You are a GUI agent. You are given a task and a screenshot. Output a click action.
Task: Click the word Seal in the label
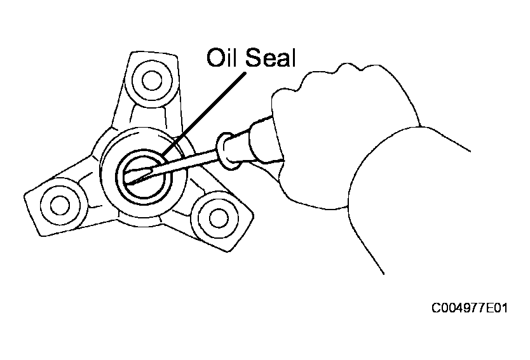271,57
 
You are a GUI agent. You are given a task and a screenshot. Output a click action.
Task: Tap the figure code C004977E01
470,308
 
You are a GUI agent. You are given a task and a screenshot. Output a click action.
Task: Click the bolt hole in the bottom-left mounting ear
60,204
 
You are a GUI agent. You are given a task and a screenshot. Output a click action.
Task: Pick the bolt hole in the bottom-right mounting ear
219,218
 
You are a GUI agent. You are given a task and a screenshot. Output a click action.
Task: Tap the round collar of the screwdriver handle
226,150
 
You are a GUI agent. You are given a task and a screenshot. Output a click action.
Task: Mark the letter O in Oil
215,58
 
